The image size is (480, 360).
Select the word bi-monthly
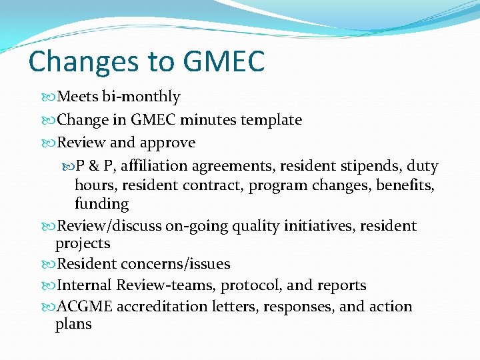pos(141,97)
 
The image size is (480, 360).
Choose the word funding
pos(101,203)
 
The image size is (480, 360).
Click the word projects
pos(83,244)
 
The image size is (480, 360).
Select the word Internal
pos(85,285)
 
